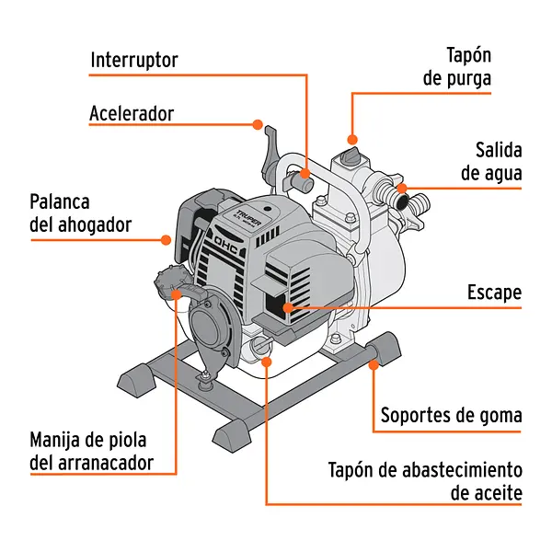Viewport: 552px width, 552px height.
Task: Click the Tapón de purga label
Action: [456, 67]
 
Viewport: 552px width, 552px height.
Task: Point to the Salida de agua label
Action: [486, 161]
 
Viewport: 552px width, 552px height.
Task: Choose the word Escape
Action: [493, 293]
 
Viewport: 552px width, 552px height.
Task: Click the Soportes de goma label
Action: [452, 415]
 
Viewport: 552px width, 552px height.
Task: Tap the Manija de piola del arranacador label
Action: [91, 451]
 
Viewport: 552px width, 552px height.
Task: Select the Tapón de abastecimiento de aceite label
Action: [425, 481]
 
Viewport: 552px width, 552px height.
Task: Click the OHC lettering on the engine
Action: [227, 246]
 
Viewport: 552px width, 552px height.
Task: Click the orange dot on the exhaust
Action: [288, 306]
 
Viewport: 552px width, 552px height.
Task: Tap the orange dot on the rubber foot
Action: [374, 364]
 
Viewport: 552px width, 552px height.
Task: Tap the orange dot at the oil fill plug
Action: [266, 361]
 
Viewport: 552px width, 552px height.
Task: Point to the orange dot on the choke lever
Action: [167, 240]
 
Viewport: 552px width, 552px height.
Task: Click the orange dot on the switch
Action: [305, 172]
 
